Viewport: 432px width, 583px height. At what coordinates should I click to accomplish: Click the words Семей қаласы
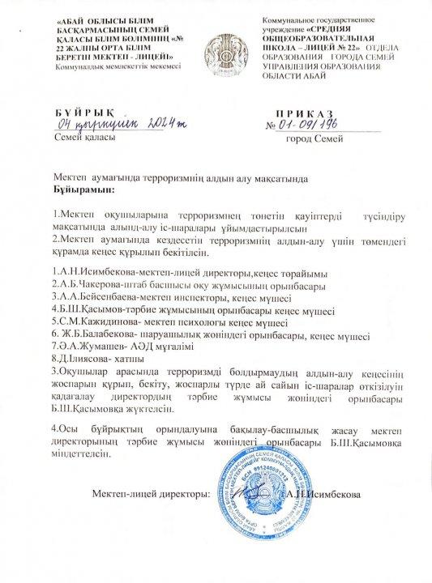(79, 138)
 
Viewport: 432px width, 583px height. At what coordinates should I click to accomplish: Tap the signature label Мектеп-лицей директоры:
(152, 495)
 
